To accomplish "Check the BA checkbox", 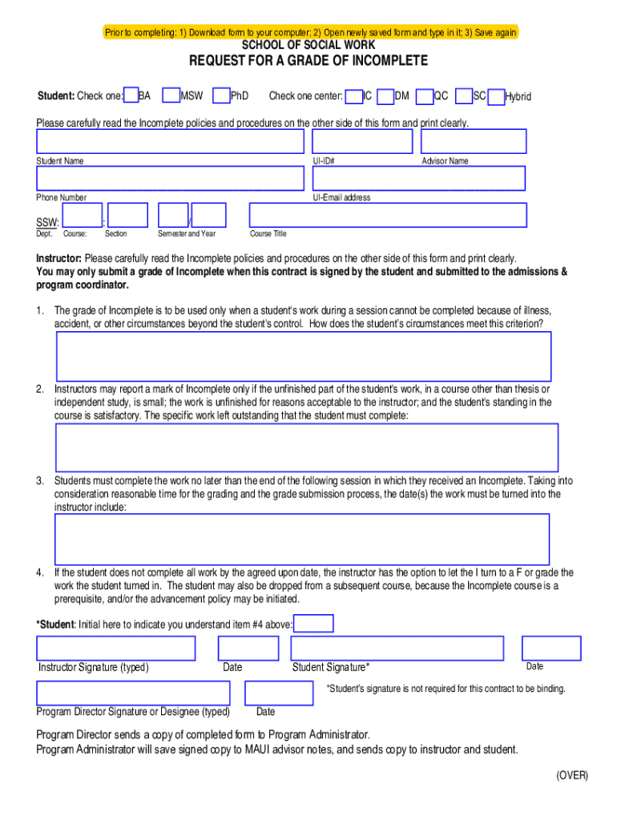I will pyautogui.click(x=132, y=96).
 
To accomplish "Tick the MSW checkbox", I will pyautogui.click(x=171, y=96).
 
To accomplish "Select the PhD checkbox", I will pyautogui.click(x=223, y=96).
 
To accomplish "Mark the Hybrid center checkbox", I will pyautogui.click(x=497, y=96).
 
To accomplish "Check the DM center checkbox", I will pyautogui.click(x=385, y=96).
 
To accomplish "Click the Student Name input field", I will pyautogui.click(x=170, y=141).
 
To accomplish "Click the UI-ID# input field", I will pyautogui.click(x=361, y=141).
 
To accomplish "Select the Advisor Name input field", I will pyautogui.click(x=474, y=141).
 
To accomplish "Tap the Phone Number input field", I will pyautogui.click(x=170, y=178).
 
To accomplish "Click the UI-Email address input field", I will pyautogui.click(x=418, y=178).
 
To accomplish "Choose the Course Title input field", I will pyautogui.click(x=388, y=215).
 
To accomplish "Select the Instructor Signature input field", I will pyautogui.click(x=116, y=648).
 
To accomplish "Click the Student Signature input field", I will pyautogui.click(x=397, y=648).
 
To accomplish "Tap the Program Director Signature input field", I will pyautogui.click(x=133, y=693).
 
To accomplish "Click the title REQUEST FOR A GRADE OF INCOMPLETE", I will pyautogui.click(x=308, y=61).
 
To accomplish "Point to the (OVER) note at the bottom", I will pyautogui.click(x=572, y=775).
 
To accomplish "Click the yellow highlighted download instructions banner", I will pyautogui.click(x=310, y=32).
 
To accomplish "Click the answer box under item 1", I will pyautogui.click(x=304, y=356).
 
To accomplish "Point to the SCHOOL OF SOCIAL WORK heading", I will pyautogui.click(x=308, y=45).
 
